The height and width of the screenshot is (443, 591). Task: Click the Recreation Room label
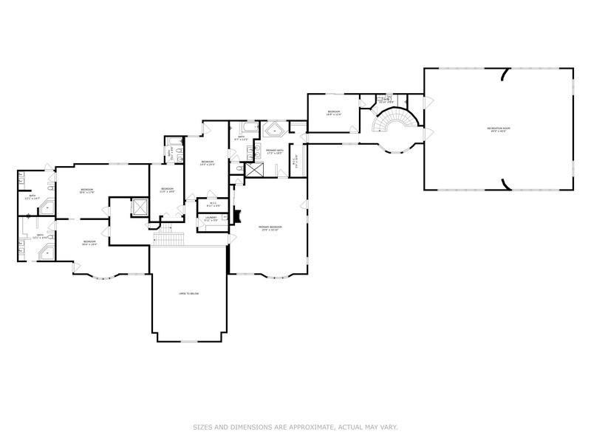click(x=499, y=129)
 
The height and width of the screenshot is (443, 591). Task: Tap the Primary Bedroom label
click(x=270, y=228)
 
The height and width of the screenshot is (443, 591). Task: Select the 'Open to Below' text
click(x=189, y=294)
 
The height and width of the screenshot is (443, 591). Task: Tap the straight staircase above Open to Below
click(x=171, y=239)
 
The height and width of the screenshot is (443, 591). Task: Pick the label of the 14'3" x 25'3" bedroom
click(x=208, y=163)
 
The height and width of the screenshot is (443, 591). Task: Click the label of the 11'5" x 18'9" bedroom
click(x=167, y=190)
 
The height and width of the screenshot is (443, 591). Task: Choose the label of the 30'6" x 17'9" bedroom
click(x=86, y=192)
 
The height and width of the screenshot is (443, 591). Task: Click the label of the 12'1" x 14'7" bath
click(x=31, y=198)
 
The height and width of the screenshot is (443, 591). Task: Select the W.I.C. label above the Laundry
click(x=211, y=205)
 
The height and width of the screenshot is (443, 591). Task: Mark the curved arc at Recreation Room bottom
click(x=505, y=184)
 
